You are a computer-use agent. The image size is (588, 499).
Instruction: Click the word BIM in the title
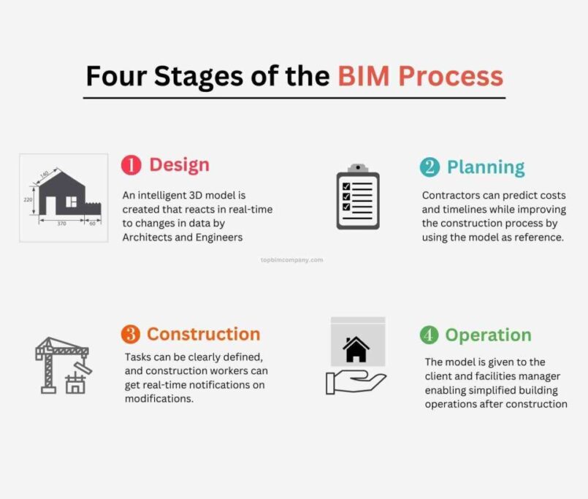coord(364,76)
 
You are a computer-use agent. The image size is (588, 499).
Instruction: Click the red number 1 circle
coord(131,165)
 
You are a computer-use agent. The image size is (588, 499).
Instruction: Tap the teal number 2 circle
coord(429,167)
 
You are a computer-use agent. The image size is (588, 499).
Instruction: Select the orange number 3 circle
coord(131,334)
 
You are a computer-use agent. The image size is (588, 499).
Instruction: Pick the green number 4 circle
coord(429,335)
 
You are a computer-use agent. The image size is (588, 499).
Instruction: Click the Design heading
coord(179,165)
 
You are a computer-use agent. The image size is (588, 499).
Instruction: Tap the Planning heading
coord(486,167)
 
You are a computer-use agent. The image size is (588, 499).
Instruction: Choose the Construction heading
coord(203,334)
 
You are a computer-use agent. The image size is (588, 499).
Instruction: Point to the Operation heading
coord(488,335)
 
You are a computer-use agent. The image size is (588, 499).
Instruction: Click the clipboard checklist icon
coord(358,197)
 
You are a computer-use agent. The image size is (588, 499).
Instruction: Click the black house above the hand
coord(356,349)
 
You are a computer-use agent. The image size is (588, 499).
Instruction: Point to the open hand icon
coord(356,382)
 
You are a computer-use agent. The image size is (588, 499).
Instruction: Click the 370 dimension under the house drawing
coord(61,224)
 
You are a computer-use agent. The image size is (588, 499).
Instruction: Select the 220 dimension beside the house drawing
coord(28,199)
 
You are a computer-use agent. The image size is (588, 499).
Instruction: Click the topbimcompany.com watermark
coord(291,259)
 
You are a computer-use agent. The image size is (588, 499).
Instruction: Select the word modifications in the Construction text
coord(159,398)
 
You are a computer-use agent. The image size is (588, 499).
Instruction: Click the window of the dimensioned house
coord(72,202)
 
